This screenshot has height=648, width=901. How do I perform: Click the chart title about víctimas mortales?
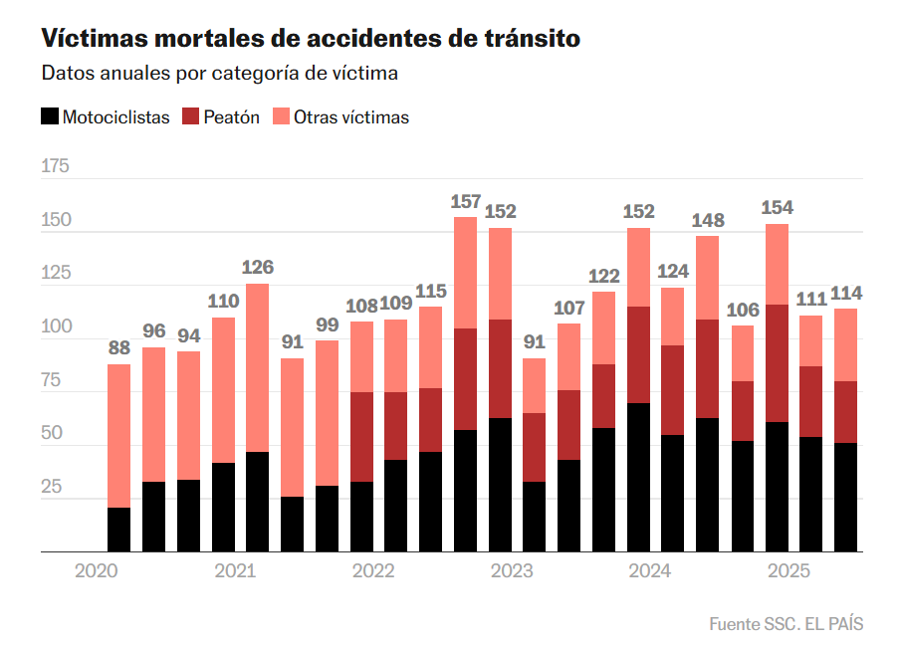point(311,39)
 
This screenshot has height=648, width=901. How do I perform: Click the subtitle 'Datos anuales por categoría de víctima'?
point(220,74)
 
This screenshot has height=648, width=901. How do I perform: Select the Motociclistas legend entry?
point(106,117)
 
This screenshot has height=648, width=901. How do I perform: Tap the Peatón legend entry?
point(221,117)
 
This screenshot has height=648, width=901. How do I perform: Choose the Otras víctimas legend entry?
point(340,117)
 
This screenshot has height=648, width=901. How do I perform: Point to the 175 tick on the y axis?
point(56,166)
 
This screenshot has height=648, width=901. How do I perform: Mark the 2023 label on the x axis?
point(512,571)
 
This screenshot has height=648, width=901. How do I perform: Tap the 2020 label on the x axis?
point(97,571)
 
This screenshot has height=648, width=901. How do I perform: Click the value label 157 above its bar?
point(466,202)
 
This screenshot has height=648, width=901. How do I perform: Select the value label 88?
point(119,348)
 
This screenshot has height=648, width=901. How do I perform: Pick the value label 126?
point(258,268)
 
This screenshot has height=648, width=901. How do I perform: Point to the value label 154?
point(777,208)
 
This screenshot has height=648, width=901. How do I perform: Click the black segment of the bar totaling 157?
point(466,491)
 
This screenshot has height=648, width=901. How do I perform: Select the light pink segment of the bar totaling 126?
point(258,368)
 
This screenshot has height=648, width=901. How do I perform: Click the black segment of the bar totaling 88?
point(119,530)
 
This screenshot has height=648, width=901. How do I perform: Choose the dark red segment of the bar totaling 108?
point(362,437)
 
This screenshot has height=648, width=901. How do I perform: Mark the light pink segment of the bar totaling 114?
point(846,344)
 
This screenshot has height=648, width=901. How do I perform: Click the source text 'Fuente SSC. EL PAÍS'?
point(786,624)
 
